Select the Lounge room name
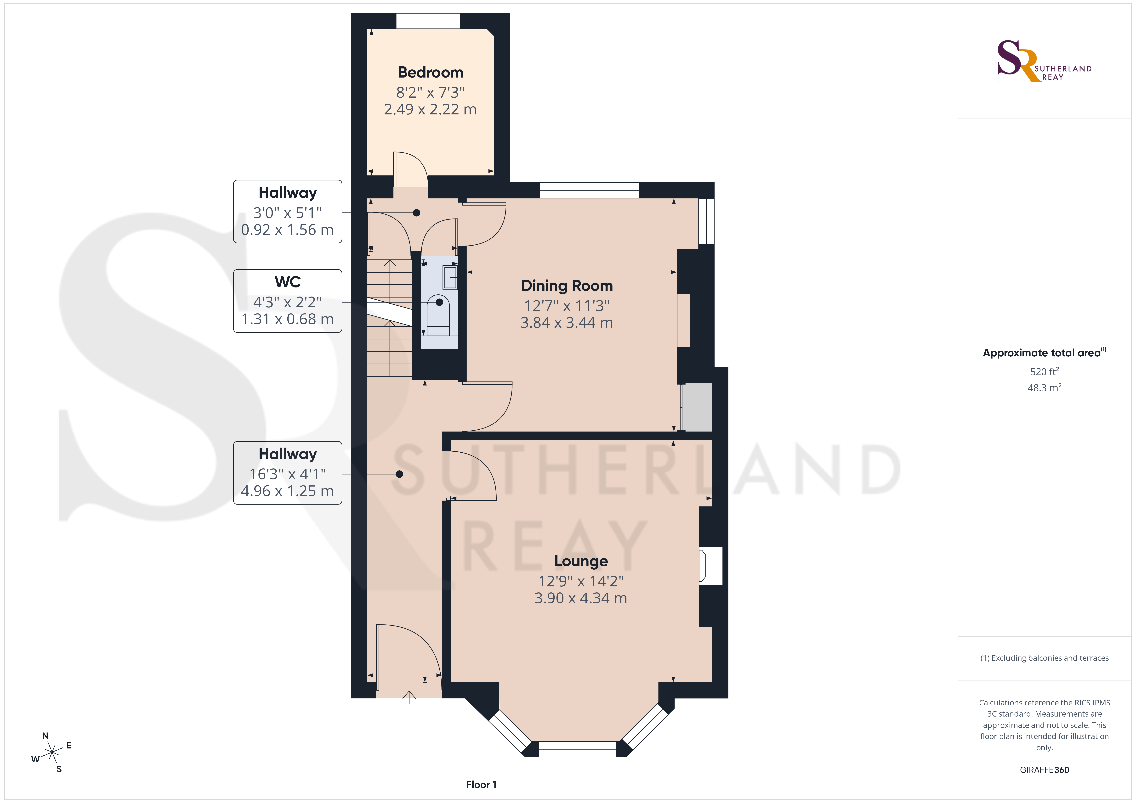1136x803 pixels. (x=581, y=561)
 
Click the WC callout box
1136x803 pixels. (x=287, y=301)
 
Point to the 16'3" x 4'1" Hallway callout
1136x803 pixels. (x=287, y=472)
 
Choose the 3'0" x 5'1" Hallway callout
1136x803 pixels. (x=287, y=211)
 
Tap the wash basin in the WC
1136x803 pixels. (x=450, y=277)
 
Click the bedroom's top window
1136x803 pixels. (x=428, y=21)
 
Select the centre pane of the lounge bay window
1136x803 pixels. (x=577, y=749)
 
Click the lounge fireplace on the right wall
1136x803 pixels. (x=710, y=566)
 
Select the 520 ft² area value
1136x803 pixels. (x=1045, y=371)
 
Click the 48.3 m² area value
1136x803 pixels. (x=1045, y=387)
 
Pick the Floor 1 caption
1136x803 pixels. (x=481, y=785)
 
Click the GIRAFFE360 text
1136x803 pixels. (x=1045, y=770)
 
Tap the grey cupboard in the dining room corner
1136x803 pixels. (x=697, y=407)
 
